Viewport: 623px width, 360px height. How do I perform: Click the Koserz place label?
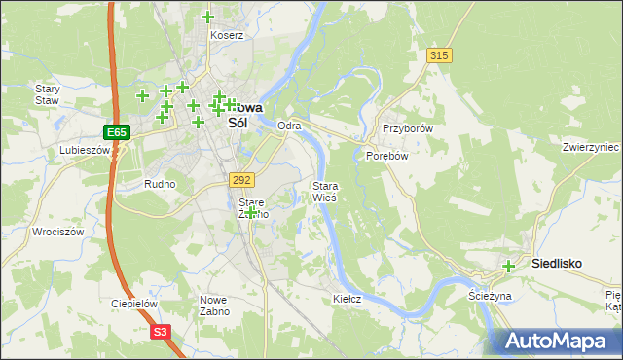227,35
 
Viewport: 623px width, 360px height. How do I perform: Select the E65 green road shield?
117,130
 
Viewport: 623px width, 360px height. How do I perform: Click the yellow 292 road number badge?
242,179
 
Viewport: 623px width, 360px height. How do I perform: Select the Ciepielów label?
134,304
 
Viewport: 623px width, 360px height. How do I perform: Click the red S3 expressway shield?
162,332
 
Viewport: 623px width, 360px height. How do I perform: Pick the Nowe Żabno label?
214,306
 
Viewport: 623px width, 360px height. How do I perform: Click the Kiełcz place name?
348,299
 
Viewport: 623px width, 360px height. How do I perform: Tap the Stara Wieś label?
324,191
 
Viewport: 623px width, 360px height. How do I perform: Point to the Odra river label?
289,126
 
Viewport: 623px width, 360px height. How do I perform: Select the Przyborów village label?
407,128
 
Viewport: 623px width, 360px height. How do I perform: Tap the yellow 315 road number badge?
439,55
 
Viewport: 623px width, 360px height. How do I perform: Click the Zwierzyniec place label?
591,147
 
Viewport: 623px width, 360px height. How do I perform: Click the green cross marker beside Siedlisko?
508,266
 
